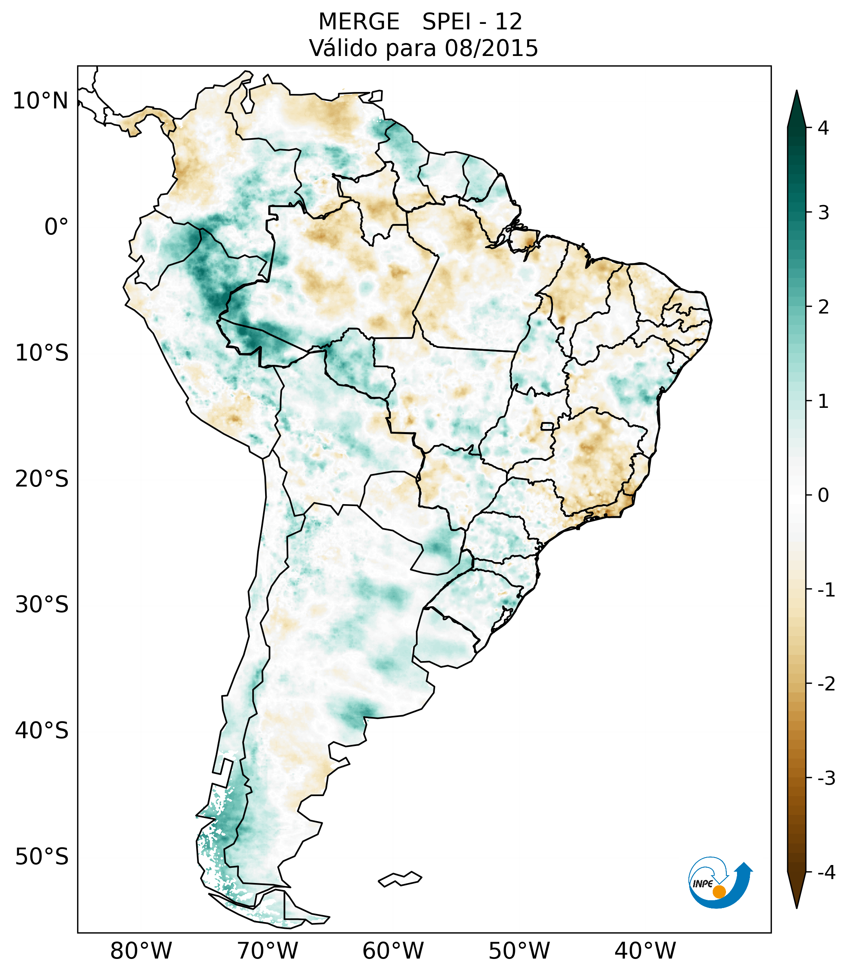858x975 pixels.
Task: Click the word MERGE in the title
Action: coord(358,22)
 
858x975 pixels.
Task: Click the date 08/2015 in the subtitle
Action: coord(491,48)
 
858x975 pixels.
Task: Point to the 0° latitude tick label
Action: coord(56,227)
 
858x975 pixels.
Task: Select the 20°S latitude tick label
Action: coord(42,479)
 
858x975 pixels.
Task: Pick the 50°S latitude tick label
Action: coord(42,857)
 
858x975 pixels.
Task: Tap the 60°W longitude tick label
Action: coord(393,951)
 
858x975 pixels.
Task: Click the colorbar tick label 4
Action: coord(823,128)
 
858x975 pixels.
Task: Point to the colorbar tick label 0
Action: coord(823,496)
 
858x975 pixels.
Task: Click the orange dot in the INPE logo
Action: coord(719,892)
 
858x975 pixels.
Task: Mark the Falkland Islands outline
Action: coord(400,879)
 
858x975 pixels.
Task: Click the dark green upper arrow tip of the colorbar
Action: coord(797,91)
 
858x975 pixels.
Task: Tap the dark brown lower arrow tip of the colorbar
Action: coord(797,907)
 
